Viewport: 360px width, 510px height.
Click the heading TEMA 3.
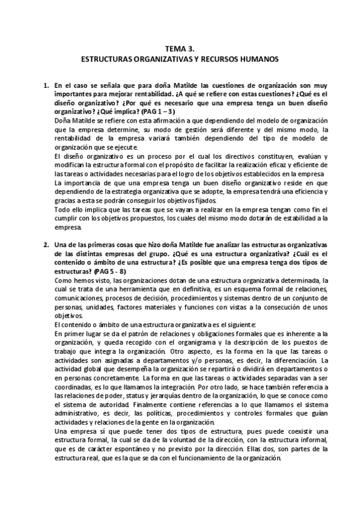point(180,51)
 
